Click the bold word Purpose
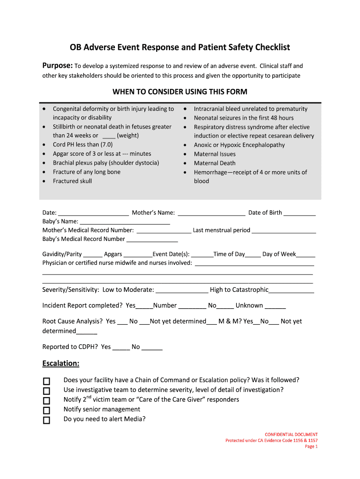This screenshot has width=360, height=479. pos(57,66)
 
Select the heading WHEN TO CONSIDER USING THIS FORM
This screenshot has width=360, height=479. pos(180,92)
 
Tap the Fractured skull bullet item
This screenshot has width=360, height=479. pos(72,181)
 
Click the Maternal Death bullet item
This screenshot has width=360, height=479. pos(215,163)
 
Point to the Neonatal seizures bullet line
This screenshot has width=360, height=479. pos(244,118)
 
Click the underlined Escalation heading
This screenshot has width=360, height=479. pos(61,363)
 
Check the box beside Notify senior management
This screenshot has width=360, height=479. pos(46,410)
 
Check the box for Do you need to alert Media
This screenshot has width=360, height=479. pos(46,420)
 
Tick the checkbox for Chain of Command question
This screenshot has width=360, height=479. pos(46,381)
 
